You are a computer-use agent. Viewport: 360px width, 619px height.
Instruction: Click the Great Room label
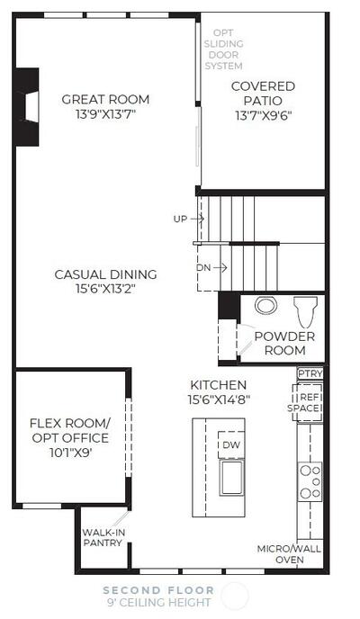[105, 99]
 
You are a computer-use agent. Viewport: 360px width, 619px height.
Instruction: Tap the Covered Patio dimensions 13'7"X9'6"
[263, 115]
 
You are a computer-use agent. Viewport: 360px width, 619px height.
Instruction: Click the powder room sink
[265, 306]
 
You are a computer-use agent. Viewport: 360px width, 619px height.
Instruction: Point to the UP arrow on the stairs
[197, 219]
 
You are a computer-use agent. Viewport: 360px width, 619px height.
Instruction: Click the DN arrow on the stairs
[220, 267]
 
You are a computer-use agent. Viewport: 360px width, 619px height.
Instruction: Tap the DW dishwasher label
[231, 444]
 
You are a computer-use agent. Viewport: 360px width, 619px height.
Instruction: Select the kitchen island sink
[231, 478]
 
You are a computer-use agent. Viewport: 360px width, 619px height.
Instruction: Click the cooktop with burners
[310, 481]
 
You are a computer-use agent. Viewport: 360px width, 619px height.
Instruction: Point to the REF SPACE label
[305, 403]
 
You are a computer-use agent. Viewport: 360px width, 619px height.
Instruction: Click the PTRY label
[310, 373]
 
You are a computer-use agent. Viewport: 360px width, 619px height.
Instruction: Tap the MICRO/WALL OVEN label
[289, 554]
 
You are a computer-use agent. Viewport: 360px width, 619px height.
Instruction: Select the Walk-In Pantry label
[103, 538]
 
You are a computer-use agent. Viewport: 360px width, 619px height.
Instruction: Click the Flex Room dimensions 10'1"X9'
[71, 453]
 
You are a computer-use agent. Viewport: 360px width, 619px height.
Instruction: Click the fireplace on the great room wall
[28, 106]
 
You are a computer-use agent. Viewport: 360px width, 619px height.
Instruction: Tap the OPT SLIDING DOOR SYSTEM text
[223, 49]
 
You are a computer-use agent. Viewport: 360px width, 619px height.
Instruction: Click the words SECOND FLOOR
[158, 590]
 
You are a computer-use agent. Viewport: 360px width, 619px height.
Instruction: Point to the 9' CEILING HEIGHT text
[158, 603]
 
